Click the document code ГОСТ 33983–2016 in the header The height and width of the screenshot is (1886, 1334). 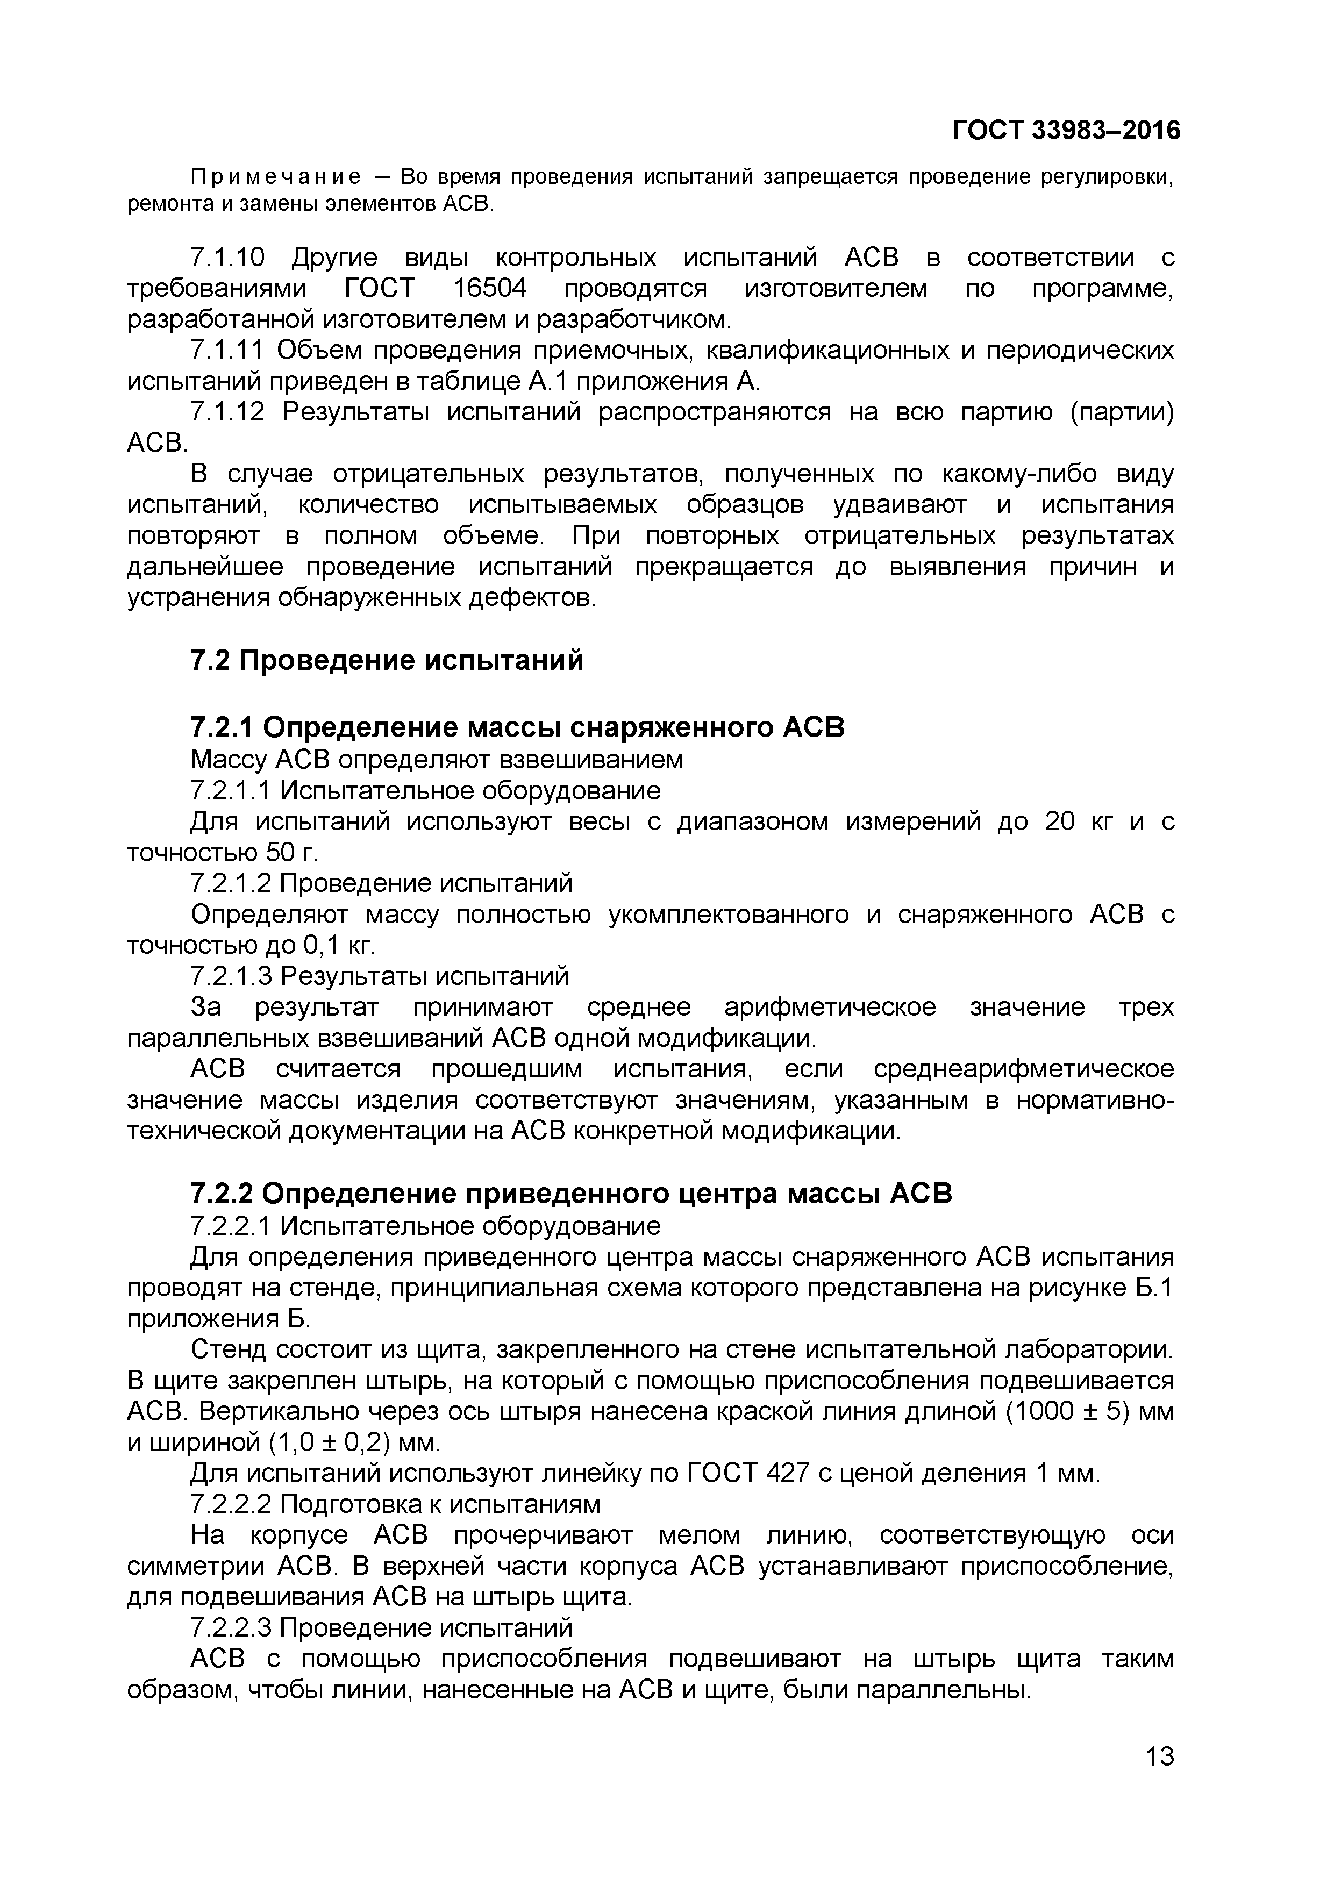[x=1065, y=131]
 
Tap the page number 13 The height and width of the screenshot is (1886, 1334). [x=1159, y=1757]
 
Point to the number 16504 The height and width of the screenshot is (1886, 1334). [x=490, y=289]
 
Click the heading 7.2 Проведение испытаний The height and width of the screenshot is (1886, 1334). [x=387, y=660]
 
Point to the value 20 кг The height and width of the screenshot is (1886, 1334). [x=1078, y=821]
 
